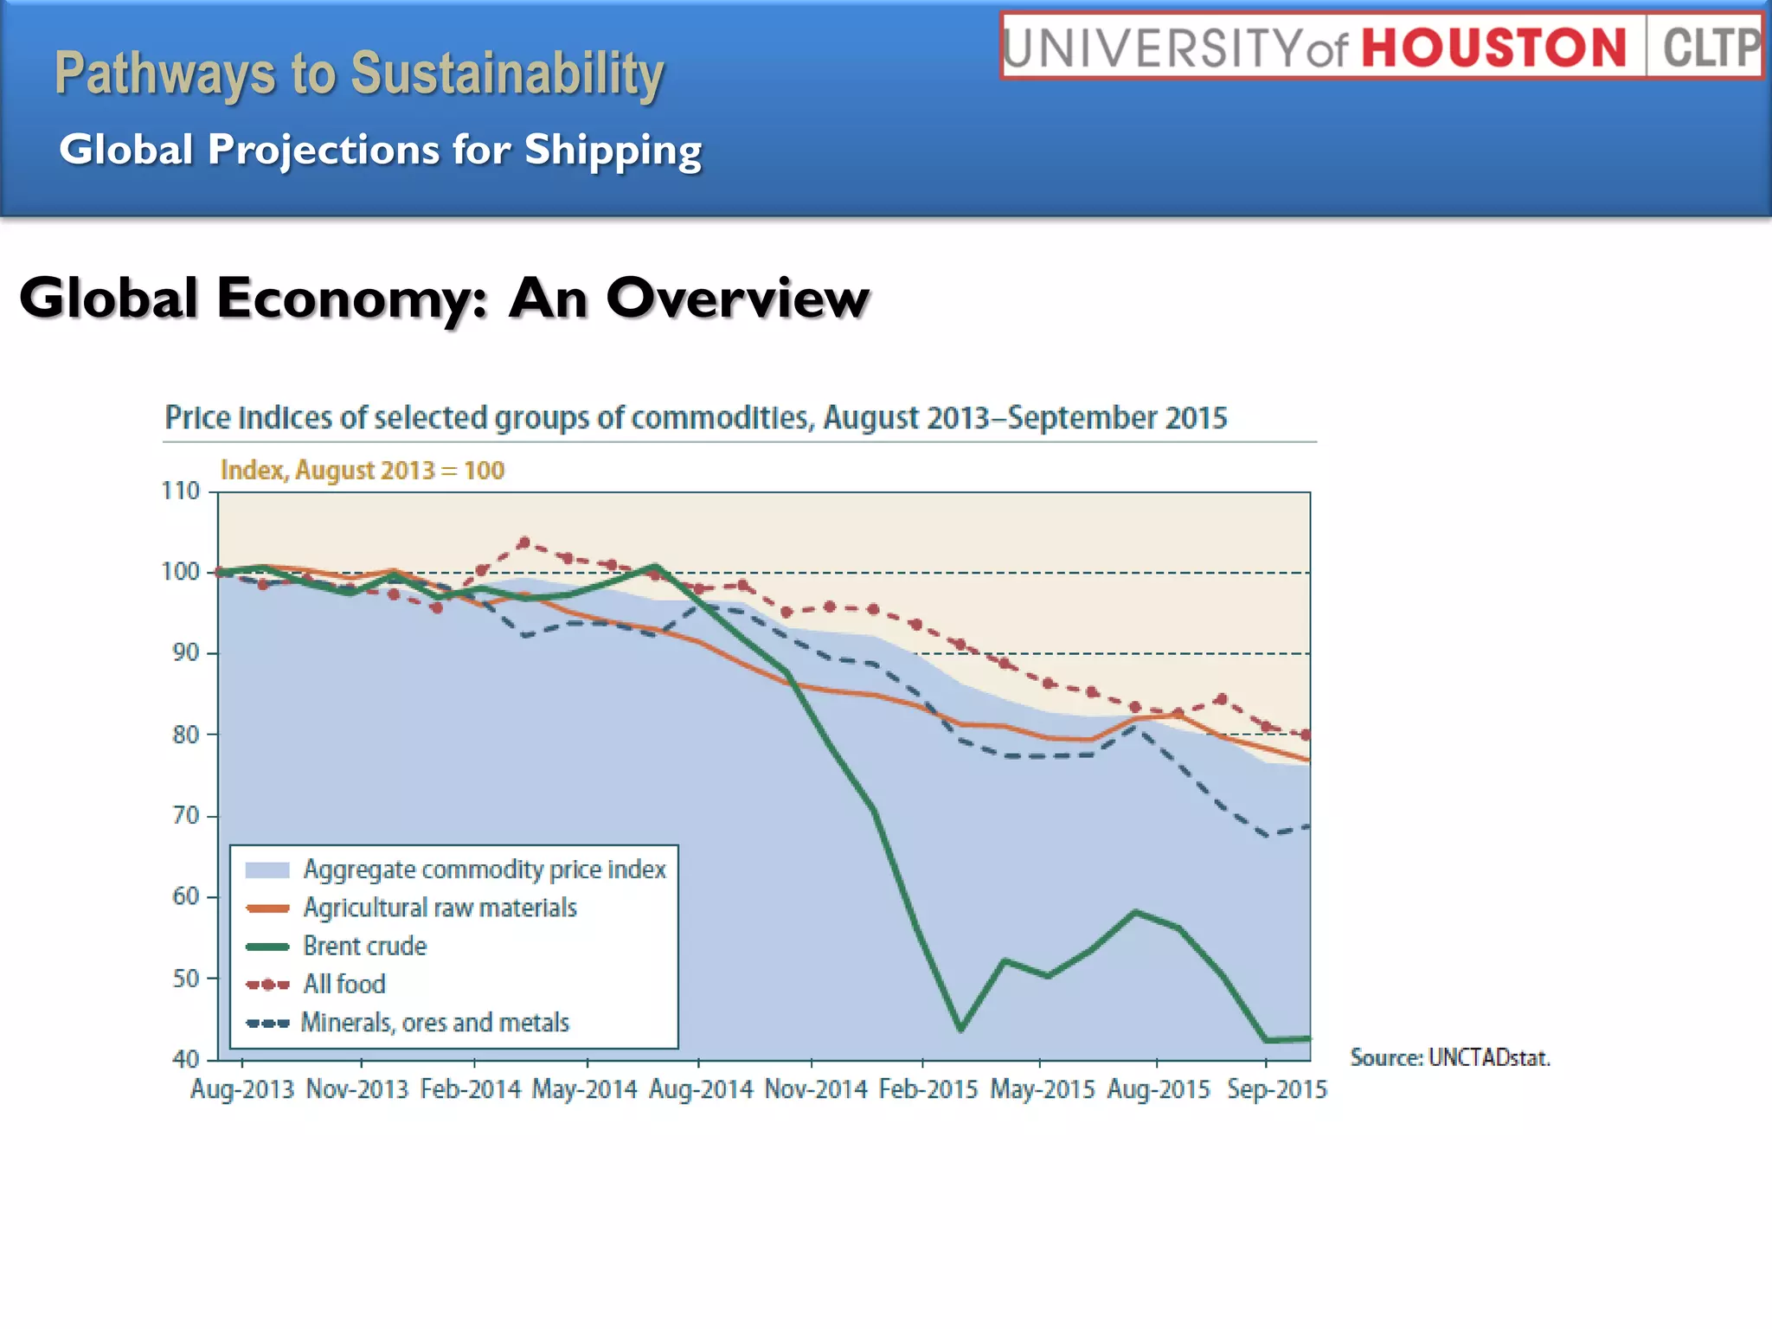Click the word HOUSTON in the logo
pos(1494,48)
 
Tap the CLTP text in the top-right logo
pos(1711,48)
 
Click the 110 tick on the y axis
pos(181,491)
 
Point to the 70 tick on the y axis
pos(185,815)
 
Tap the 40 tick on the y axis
pos(185,1059)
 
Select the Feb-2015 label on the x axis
pos(928,1089)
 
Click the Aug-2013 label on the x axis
pos(242,1089)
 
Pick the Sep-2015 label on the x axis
pos(1276,1089)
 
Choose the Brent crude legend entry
pos(364,946)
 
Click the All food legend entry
pos(343,984)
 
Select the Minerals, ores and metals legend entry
pos(434,1023)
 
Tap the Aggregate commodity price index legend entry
pos(484,869)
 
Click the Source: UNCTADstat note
pos(1449,1057)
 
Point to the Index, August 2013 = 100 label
pos(362,470)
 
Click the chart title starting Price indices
pos(696,418)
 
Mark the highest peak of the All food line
pos(523,543)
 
